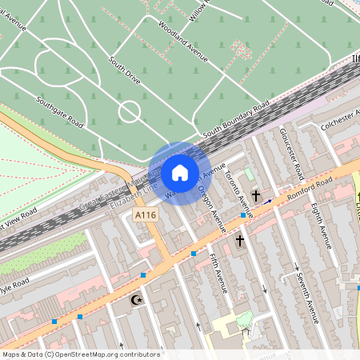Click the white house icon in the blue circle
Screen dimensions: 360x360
tap(180, 173)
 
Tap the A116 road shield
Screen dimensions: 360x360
tap(146, 216)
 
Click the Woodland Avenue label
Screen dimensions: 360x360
tap(183, 42)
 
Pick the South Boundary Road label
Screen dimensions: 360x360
tap(235, 118)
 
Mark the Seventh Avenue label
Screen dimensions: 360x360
tap(308, 297)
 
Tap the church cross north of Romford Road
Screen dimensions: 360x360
tap(257, 195)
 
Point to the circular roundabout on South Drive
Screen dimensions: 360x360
tap(130, 111)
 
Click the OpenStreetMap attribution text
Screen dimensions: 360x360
tap(81, 354)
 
